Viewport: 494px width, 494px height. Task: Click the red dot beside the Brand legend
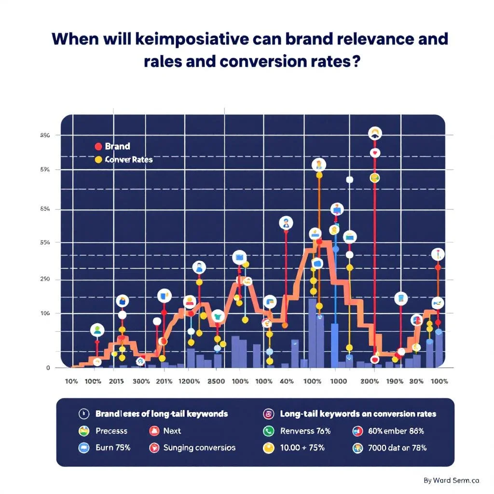pyautogui.click(x=98, y=146)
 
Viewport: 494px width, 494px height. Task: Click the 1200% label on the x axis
pyautogui.click(x=189, y=381)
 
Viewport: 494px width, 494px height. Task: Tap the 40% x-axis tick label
pyautogui.click(x=286, y=381)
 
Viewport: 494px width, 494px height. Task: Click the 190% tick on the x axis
pyautogui.click(x=395, y=381)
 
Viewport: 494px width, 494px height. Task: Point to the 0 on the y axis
pyautogui.click(x=48, y=368)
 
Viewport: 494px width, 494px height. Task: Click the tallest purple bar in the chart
pyautogui.click(x=312, y=333)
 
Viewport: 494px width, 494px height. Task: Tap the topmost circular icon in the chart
pyautogui.click(x=375, y=134)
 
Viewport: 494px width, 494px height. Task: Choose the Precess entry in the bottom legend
pyautogui.click(x=111, y=431)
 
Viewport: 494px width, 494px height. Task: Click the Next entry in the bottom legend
pyautogui.click(x=172, y=431)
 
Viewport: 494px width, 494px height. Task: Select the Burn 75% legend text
pyautogui.click(x=113, y=447)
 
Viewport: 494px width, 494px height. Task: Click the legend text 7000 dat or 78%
pyautogui.click(x=397, y=447)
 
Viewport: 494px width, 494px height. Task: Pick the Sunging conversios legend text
pyautogui.click(x=199, y=447)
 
